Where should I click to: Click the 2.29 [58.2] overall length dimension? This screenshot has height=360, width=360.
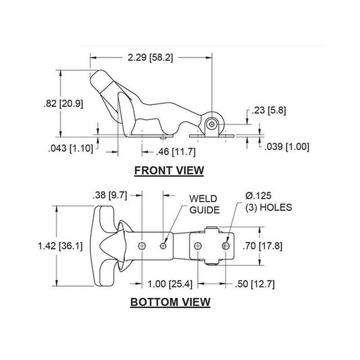point(150,57)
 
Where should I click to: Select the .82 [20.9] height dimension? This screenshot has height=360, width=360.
point(63,104)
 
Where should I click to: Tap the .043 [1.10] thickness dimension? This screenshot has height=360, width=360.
point(71,148)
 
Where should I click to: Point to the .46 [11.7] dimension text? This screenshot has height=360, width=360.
point(176,152)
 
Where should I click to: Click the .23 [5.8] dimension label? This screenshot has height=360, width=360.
point(268,110)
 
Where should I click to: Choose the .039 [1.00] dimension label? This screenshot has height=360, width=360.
point(287,147)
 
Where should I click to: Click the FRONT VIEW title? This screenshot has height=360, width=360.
point(169,171)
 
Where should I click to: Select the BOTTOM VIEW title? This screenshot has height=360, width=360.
point(170,302)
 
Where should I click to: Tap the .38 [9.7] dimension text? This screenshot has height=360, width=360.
point(110,195)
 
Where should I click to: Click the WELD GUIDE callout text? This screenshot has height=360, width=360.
point(205,205)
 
